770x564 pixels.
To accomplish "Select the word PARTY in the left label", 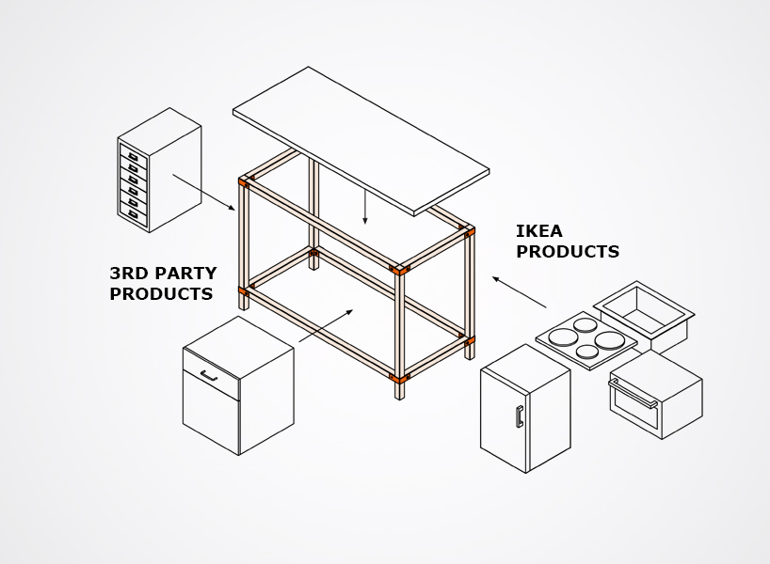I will pos(188,274).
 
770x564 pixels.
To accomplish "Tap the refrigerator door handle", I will pos(519,416).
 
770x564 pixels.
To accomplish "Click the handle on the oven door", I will pos(633,394).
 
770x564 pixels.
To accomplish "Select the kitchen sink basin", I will pos(644,306).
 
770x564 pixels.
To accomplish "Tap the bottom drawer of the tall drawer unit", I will pos(133,215).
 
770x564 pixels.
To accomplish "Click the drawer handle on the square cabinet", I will pos(208,376).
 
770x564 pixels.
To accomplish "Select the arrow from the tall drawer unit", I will pos(203,192).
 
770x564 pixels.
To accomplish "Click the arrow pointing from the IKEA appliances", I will pos(519,292).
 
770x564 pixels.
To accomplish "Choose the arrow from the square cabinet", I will pos(326,325).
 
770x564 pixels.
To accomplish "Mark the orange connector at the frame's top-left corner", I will pos(244,180).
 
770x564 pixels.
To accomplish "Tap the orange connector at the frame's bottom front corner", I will pos(400,379).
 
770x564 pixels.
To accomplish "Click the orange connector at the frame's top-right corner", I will pos(469,230).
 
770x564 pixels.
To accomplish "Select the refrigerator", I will pos(524,409).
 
